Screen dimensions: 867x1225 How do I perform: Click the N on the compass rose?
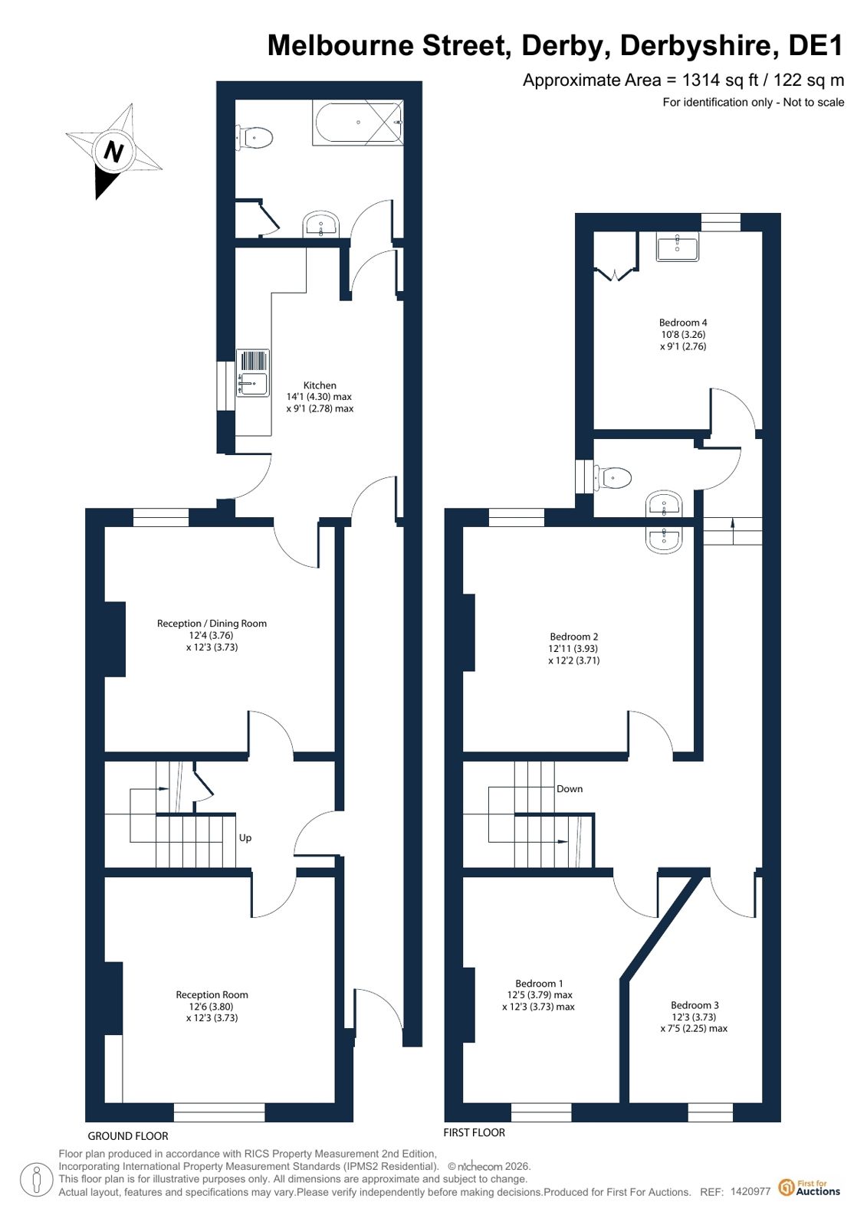click(113, 151)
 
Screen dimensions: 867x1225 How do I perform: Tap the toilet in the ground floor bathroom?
click(254, 137)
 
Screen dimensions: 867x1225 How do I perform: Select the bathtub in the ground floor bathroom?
click(358, 123)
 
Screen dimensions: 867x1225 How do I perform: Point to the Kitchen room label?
click(320, 385)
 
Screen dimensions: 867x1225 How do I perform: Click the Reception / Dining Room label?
click(212, 624)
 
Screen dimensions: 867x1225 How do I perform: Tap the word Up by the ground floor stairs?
click(245, 838)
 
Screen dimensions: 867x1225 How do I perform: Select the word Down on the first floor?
click(570, 788)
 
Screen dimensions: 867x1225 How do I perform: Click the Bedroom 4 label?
click(682, 323)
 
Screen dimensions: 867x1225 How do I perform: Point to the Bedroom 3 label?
click(695, 1005)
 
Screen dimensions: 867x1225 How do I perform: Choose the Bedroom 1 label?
click(539, 983)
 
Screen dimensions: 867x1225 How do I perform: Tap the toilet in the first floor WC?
click(613, 477)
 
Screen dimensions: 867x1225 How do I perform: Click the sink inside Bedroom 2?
click(665, 538)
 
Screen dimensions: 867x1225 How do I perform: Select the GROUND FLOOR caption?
click(128, 1136)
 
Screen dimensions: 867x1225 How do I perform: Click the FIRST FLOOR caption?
click(474, 1132)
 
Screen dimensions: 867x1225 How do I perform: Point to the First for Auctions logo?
click(810, 1187)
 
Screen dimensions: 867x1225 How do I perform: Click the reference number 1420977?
click(750, 1191)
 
